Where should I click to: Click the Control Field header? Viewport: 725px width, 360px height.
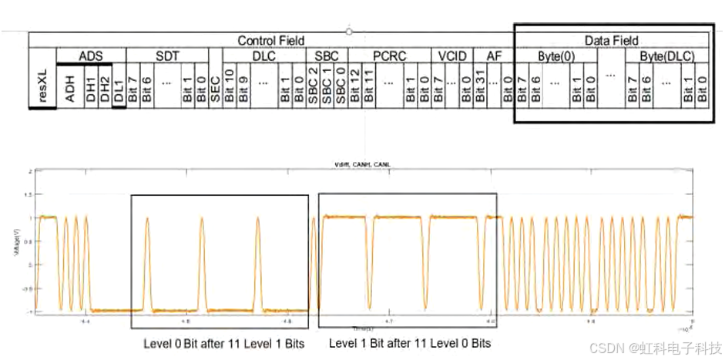(270, 40)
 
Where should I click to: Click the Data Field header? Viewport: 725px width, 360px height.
(612, 40)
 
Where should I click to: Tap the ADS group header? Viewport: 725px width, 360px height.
(90, 56)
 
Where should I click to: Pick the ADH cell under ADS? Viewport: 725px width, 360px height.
(70, 85)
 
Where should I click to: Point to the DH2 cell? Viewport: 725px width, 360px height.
(105, 85)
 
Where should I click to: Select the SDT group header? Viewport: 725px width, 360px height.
(166, 56)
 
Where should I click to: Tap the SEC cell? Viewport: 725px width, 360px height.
(215, 85)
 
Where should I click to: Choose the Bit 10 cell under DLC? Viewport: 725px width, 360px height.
(229, 85)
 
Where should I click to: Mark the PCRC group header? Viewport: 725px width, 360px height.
(390, 56)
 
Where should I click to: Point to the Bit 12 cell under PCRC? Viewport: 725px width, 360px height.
(354, 85)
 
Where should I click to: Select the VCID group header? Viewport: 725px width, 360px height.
(452, 56)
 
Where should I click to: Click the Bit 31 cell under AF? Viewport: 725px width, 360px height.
(480, 85)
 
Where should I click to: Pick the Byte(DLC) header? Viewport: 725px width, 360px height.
(667, 56)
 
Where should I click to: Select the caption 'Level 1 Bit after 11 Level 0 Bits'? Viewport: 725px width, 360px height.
(410, 342)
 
